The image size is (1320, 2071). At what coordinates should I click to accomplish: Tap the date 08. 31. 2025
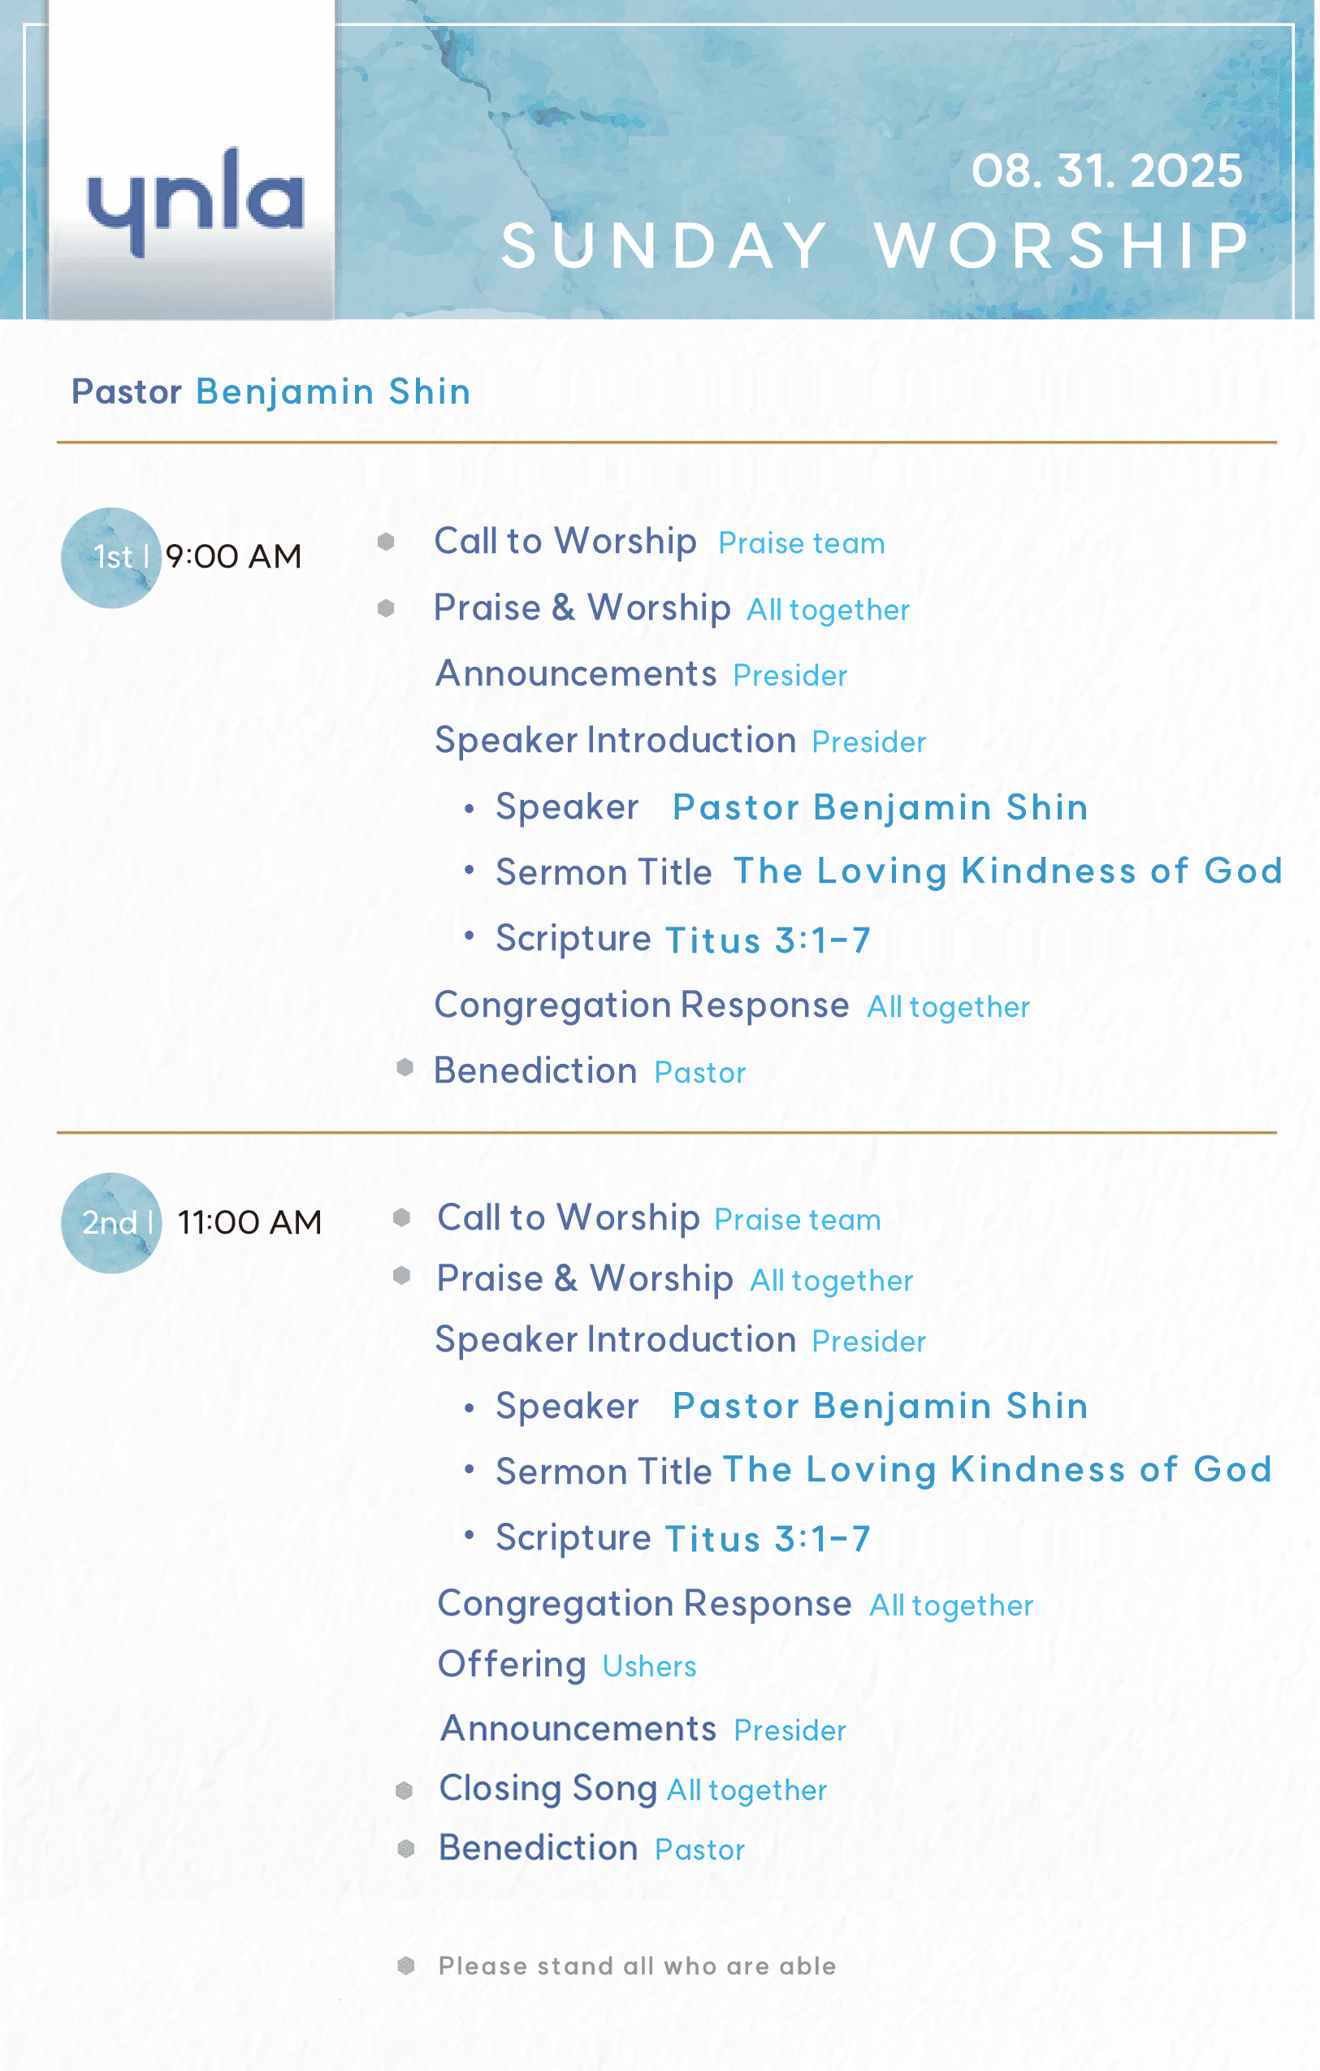(1106, 171)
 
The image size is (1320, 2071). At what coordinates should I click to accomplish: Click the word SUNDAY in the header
(664, 246)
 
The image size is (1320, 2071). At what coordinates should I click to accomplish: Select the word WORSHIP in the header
(1062, 246)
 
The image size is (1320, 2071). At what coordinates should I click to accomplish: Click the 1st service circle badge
(111, 557)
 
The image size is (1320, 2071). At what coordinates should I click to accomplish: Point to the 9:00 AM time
(234, 556)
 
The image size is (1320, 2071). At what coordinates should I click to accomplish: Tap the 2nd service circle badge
(111, 1222)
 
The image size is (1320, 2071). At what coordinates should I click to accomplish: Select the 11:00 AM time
(249, 1222)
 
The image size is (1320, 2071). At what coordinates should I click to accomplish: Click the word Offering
(512, 1664)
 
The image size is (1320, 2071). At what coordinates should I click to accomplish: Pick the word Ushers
(649, 1667)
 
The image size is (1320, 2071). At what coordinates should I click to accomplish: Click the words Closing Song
(547, 1788)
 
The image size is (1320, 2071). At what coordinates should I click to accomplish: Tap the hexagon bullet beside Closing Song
(405, 1791)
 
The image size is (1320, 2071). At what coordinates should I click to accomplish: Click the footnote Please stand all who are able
(637, 1965)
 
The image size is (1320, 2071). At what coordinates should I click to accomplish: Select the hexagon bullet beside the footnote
(406, 1965)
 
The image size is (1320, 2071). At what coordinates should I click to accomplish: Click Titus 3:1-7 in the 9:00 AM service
(768, 940)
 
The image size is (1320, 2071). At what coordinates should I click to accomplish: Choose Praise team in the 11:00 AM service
(797, 1220)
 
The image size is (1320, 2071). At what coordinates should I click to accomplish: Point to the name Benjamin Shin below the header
(334, 391)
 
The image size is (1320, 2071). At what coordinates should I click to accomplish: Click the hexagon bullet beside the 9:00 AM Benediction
(405, 1067)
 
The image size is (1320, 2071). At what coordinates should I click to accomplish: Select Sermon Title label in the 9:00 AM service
(604, 872)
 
